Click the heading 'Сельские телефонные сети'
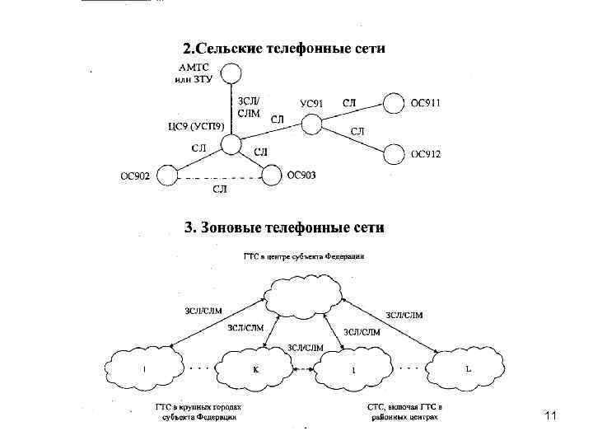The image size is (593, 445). pyautogui.click(x=283, y=49)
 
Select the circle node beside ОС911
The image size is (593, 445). pyautogui.click(x=394, y=104)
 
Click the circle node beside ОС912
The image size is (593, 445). pyautogui.click(x=394, y=153)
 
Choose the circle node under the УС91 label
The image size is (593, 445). pyautogui.click(x=311, y=124)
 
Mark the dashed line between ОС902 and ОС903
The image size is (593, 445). pyautogui.click(x=219, y=177)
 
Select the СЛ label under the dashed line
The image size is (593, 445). pyautogui.click(x=220, y=190)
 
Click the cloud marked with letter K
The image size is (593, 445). pyautogui.click(x=255, y=368)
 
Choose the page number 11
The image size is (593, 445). pyautogui.click(x=551, y=417)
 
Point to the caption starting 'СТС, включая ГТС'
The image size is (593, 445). pyautogui.click(x=406, y=412)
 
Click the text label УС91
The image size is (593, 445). pyautogui.click(x=311, y=103)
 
